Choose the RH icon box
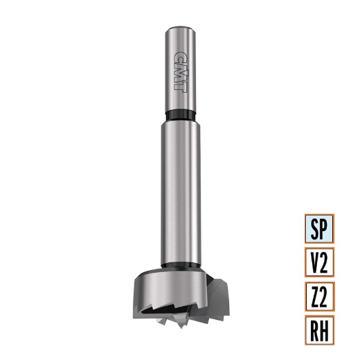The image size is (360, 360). [320, 329]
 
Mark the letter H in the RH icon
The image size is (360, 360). [326, 329]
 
